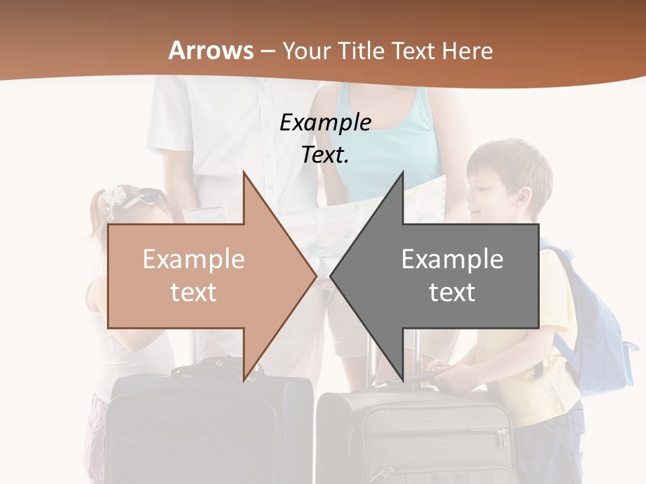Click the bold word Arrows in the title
point(211,50)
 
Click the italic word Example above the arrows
point(325,123)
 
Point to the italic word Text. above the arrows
point(325,155)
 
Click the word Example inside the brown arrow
point(194,259)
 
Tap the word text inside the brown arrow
point(194,292)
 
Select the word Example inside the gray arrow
point(452,259)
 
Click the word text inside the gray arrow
point(452,292)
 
